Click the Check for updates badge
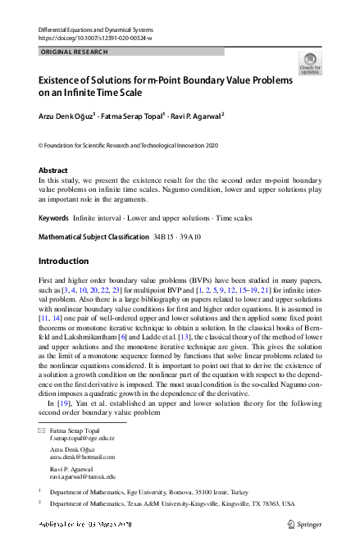pos(310,63)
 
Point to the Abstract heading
pos(56,171)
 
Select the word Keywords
pos(54,219)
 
